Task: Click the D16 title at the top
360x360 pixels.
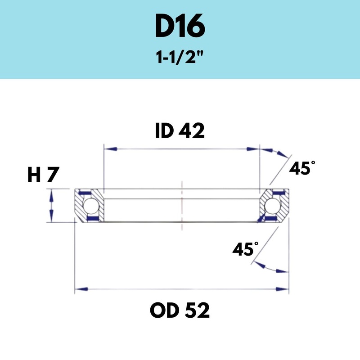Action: click(180, 27)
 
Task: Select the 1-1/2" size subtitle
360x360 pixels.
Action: click(180, 58)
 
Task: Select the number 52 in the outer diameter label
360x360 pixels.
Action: click(197, 310)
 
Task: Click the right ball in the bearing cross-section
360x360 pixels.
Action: click(272, 206)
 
